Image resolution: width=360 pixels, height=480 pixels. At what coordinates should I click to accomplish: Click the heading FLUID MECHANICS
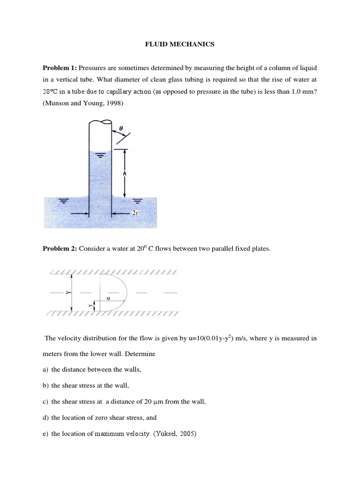click(x=180, y=45)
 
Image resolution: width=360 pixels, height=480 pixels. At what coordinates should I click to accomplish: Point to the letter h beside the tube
click(x=124, y=172)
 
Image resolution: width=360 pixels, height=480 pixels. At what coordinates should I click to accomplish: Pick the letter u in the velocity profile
click(x=109, y=298)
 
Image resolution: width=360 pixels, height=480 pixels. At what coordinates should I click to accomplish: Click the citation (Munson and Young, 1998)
click(x=83, y=104)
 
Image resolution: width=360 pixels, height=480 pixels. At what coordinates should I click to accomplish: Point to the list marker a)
click(x=46, y=369)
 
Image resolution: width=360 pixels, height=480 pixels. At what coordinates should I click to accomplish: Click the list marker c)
click(x=46, y=401)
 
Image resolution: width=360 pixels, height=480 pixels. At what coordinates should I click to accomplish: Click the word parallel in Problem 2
click(x=223, y=249)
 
